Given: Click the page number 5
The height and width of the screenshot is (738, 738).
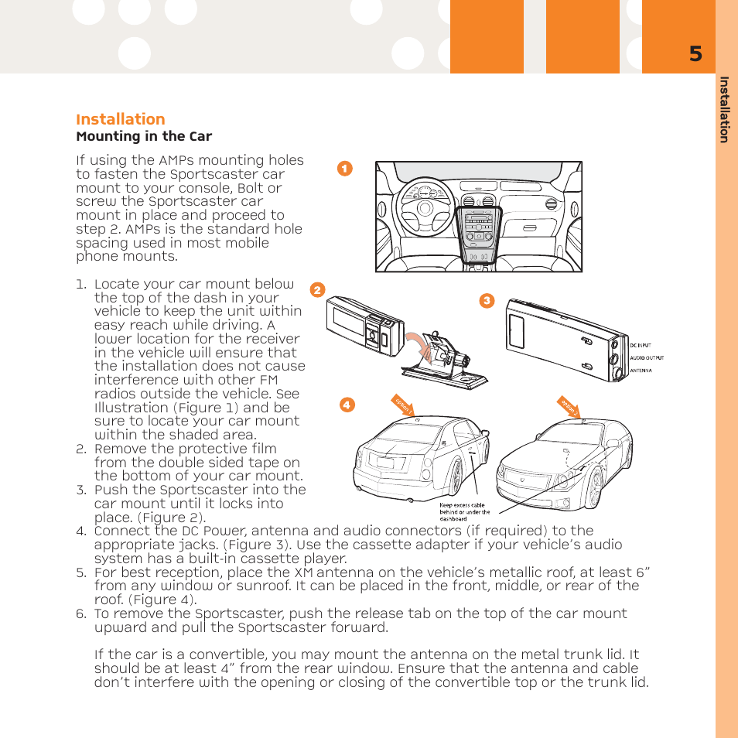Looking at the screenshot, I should pyautogui.click(x=695, y=54).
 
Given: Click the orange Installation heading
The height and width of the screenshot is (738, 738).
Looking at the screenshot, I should pyautogui.click(x=120, y=119).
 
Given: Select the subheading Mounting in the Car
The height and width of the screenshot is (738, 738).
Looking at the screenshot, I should pyautogui.click(x=144, y=137).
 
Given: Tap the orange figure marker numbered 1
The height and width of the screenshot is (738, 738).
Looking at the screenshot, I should pyautogui.click(x=345, y=168).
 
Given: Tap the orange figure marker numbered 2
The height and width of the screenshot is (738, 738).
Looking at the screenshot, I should pyautogui.click(x=316, y=290).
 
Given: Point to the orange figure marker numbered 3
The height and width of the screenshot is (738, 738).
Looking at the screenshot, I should pyautogui.click(x=487, y=301).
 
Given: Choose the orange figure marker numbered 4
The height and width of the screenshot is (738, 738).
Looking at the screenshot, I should pyautogui.click(x=347, y=405).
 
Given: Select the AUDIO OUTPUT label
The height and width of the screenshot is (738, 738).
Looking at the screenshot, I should pyautogui.click(x=647, y=358).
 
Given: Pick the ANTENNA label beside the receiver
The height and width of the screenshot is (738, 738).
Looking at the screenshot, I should pyautogui.click(x=641, y=371).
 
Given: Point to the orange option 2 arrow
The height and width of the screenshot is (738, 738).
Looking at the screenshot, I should pyautogui.click(x=569, y=405).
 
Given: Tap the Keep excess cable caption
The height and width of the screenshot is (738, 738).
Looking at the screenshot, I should pyautogui.click(x=464, y=512).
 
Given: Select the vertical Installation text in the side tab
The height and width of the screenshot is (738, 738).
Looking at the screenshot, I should pyautogui.click(x=724, y=109).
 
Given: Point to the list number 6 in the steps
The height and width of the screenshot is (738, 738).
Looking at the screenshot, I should pyautogui.click(x=80, y=613).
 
